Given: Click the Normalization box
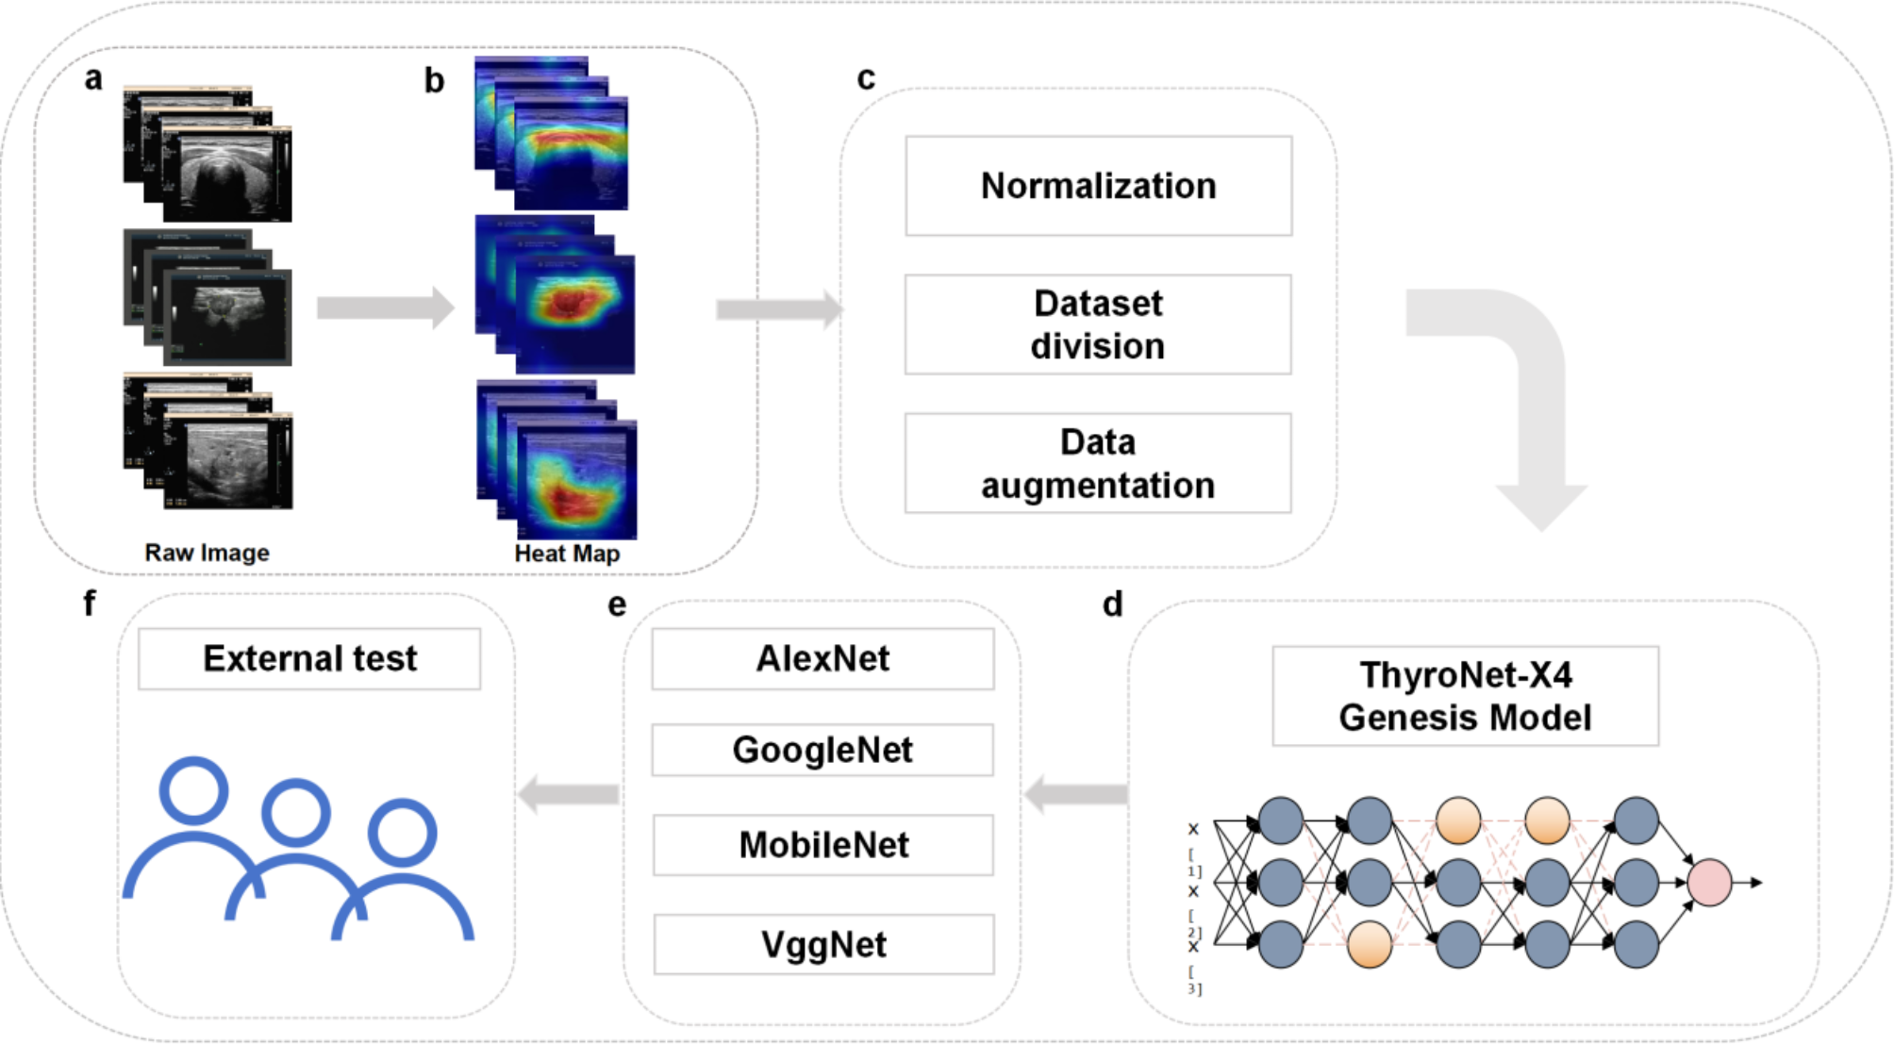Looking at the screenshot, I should pos(1098,186).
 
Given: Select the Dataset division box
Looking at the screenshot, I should pos(1098,324).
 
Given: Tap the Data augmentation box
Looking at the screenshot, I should pos(1098,463).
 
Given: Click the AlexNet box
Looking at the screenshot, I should pos(822,658).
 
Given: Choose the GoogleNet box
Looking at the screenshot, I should pos(822,750).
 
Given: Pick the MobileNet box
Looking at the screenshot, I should pos(822,845).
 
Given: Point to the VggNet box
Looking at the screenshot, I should pos(822,944).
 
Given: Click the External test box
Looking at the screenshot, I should pos(309,658).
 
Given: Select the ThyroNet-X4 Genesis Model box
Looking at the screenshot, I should pos(1465,696).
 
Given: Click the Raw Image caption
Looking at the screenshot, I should pos(207,553).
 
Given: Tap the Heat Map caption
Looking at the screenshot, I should pos(567,554).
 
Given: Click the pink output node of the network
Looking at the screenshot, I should pos(1708,883).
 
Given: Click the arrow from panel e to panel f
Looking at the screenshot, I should pos(568,794).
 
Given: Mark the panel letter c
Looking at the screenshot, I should pos(865,78).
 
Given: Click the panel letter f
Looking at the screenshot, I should pos(90,603).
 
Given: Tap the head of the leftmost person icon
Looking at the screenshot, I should pos(193,790).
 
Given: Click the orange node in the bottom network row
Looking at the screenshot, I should pos(1369,945).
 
